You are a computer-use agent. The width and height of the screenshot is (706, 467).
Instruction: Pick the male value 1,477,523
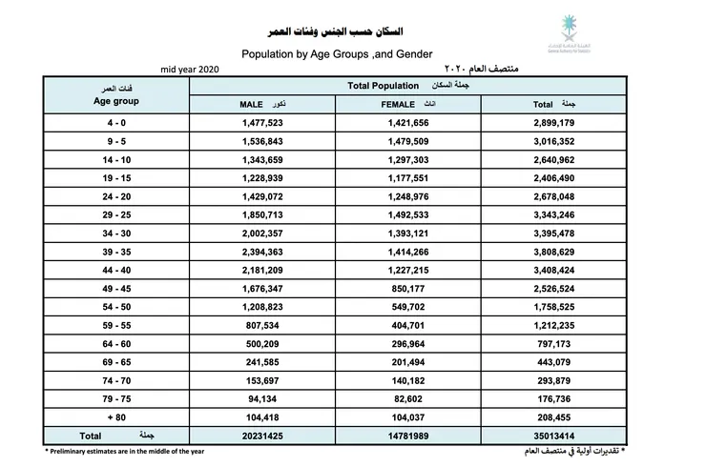(x=263, y=124)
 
